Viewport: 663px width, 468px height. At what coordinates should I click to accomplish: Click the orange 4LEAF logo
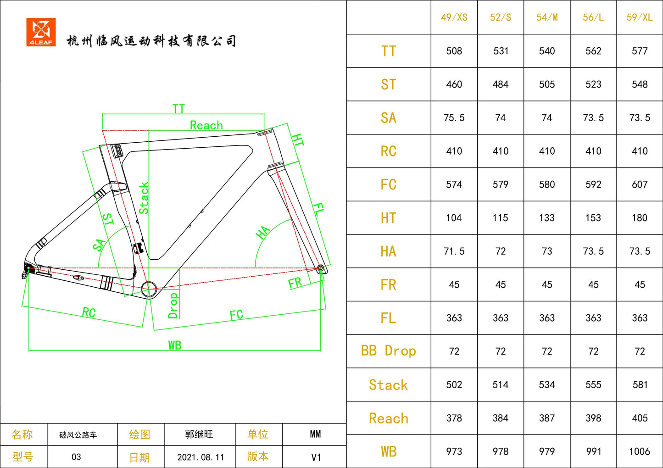click(41, 32)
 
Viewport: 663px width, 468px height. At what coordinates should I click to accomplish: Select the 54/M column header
click(547, 17)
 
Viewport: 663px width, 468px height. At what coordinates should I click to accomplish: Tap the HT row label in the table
click(388, 218)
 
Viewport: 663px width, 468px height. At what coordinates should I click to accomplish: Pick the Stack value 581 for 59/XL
click(640, 384)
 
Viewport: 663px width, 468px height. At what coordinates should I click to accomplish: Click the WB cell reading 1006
click(640, 451)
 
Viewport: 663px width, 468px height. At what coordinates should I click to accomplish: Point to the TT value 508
click(454, 51)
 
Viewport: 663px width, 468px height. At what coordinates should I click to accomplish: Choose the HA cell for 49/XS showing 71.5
click(454, 251)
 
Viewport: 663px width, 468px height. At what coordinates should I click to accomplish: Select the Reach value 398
click(593, 418)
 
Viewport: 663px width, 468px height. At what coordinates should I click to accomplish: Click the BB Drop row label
click(388, 351)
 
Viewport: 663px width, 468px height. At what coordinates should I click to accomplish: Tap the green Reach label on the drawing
click(206, 125)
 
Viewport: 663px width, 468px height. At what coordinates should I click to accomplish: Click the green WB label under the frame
click(174, 345)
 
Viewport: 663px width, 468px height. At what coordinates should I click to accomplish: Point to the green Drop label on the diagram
click(173, 306)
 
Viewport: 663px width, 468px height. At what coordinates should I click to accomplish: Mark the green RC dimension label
click(89, 313)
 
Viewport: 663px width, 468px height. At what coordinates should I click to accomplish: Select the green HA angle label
click(262, 232)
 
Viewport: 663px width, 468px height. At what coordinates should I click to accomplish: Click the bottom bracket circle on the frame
click(149, 290)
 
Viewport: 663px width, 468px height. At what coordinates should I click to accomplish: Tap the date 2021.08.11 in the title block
click(201, 457)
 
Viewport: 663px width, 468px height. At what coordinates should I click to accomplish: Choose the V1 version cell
click(316, 457)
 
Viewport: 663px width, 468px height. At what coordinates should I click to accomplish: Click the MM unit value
click(315, 434)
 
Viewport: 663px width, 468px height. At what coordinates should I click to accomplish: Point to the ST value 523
click(593, 84)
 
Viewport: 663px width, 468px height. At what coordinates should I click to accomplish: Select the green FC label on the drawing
click(236, 315)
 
